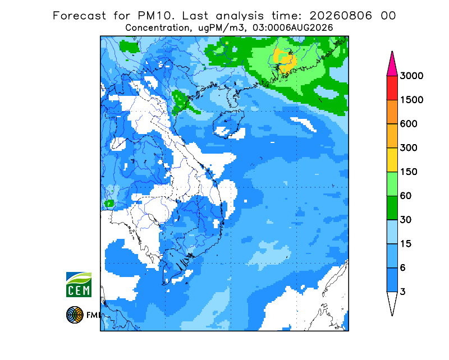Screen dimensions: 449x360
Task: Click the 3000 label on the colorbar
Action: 411,76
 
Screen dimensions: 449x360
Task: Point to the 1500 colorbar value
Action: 411,100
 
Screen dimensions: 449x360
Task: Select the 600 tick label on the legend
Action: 409,124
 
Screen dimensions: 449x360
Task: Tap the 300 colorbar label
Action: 409,148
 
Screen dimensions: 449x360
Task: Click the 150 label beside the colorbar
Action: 409,172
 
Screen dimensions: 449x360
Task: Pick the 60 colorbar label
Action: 406,196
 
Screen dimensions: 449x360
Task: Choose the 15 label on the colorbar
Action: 406,244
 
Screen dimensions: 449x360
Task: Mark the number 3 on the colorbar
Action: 402,292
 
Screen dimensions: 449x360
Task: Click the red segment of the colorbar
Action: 392,88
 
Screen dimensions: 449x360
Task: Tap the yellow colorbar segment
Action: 392,160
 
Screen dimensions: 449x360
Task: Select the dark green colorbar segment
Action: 392,208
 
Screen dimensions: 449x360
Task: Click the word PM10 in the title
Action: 155,16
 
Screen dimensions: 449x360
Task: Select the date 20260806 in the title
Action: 341,16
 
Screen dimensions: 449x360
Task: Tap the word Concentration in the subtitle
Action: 157,28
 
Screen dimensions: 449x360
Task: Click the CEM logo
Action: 79,284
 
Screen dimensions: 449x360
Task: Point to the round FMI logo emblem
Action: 75,315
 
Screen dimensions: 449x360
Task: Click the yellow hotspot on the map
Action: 284,60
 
